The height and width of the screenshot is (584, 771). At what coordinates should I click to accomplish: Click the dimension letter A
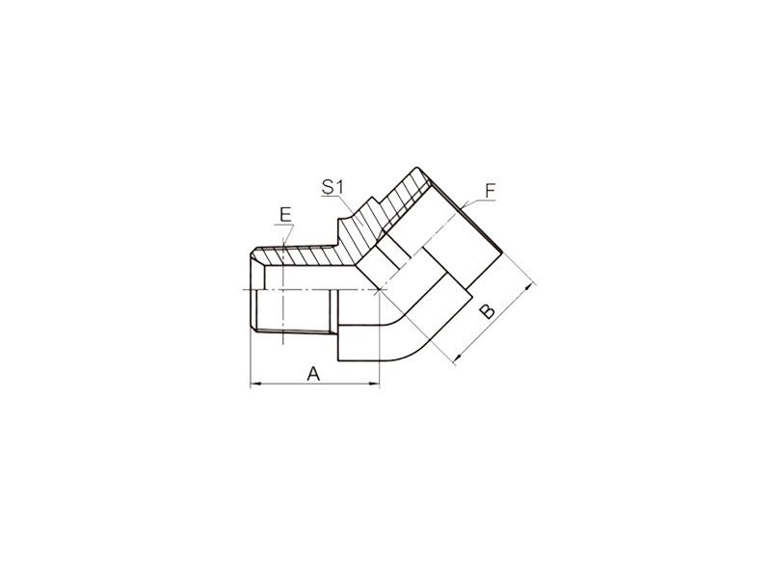313,374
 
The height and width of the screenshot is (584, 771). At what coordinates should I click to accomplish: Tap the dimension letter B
488,311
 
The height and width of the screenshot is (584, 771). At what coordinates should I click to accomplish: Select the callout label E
285,215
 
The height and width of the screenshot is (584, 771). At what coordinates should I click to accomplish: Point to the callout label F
490,191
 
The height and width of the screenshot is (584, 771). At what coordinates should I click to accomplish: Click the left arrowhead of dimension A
254,385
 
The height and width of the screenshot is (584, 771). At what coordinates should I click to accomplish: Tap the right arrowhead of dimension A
376,385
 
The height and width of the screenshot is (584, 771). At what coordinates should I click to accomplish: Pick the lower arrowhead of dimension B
457,359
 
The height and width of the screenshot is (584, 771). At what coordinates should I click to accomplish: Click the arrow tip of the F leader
463,205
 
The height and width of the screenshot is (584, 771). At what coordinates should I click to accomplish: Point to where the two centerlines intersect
379,290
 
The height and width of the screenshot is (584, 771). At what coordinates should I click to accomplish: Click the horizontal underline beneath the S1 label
332,197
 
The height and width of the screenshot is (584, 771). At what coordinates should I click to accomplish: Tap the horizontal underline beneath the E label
284,225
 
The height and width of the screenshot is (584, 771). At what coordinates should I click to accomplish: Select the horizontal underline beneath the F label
485,200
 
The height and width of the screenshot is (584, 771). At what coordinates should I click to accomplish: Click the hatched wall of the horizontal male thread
300,255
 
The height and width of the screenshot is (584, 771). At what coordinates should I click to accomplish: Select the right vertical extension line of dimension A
380,339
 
